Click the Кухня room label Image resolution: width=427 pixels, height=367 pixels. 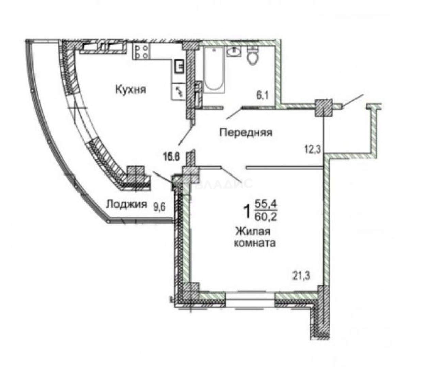coord(131,89)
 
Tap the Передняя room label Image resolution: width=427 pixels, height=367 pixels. coord(246,132)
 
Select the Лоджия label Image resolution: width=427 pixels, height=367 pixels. coord(126,204)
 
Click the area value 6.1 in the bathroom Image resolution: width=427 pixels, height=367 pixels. coord(263,96)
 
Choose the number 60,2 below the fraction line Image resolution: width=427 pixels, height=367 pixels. coord(267,216)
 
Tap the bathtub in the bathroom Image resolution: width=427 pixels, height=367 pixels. coord(214,70)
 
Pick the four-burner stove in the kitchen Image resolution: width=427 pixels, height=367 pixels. coord(141,52)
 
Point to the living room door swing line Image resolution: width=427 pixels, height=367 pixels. coord(232,174)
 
